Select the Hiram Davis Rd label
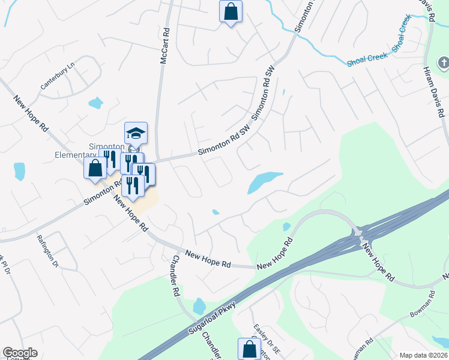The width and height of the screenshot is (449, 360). coord(433,90)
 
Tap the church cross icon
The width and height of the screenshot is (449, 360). coord(443,62)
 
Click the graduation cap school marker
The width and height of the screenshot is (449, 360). coord(136,133)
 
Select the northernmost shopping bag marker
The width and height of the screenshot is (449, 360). coord(231,11)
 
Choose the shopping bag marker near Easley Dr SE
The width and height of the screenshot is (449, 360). coord(249,349)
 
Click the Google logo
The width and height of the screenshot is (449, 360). coord(19,353)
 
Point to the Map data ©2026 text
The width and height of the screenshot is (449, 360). coord(423,355)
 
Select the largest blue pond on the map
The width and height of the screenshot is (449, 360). coord(264,181)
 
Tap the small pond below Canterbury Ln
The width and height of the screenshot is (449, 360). coord(95,103)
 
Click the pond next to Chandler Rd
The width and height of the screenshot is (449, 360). coord(199,307)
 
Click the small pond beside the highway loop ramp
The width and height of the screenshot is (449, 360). coord(286,227)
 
